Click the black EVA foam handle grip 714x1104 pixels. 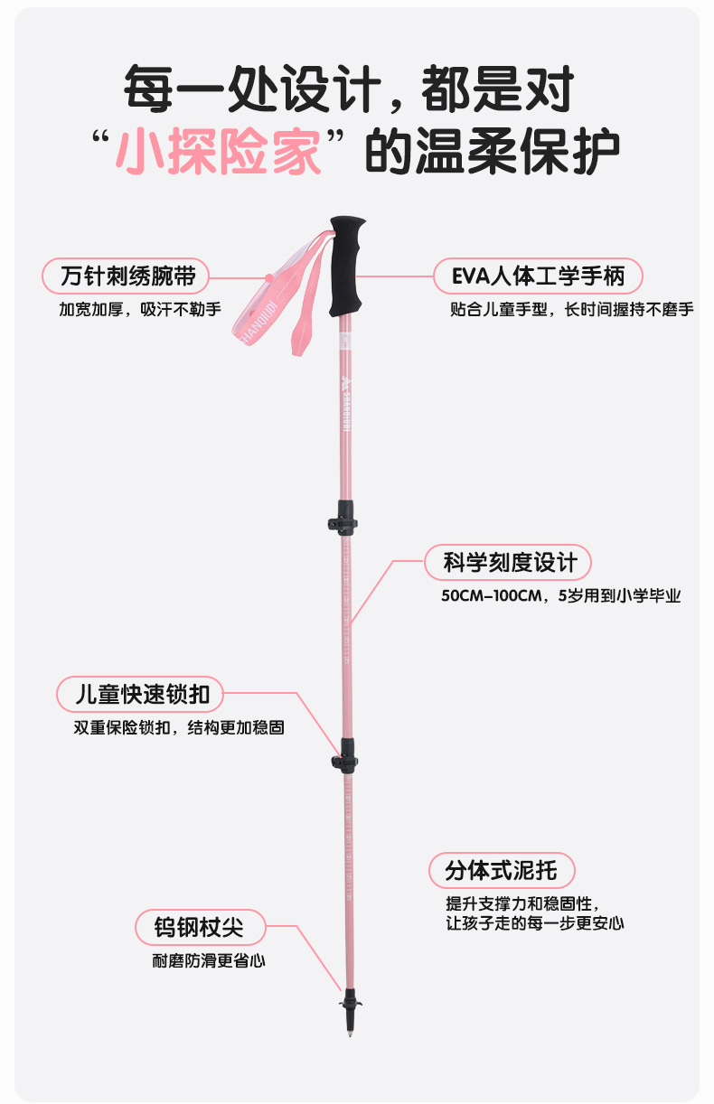[x=346, y=267]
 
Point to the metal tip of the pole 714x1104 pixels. [x=351, y=1032]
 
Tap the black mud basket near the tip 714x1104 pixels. [x=351, y=1002]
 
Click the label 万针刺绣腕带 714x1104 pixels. [x=122, y=276]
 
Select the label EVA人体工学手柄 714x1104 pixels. [x=537, y=276]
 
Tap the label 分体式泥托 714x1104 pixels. [x=501, y=871]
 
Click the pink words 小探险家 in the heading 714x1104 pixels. [x=221, y=149]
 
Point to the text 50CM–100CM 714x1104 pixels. [x=491, y=596]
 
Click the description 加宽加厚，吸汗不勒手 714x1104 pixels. [x=140, y=309]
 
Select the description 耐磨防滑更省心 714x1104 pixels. [x=209, y=961]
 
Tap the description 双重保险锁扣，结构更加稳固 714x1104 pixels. [x=179, y=727]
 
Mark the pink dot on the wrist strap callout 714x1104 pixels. [x=269, y=276]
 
